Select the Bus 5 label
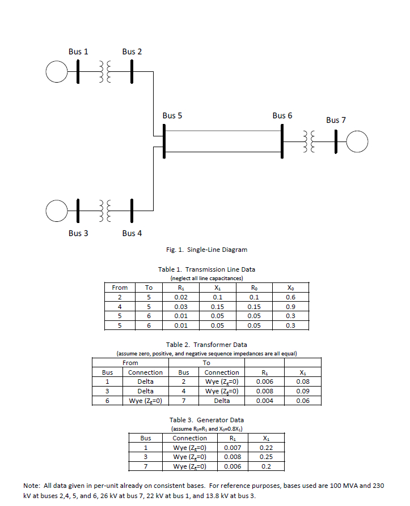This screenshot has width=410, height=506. (x=172, y=115)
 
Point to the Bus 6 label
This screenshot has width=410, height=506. (x=282, y=115)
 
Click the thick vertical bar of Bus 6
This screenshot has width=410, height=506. (x=282, y=141)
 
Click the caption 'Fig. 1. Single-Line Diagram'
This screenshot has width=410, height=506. (x=206, y=250)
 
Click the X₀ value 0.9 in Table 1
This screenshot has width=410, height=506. (x=290, y=307)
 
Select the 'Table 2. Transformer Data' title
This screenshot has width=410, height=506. (x=206, y=344)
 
